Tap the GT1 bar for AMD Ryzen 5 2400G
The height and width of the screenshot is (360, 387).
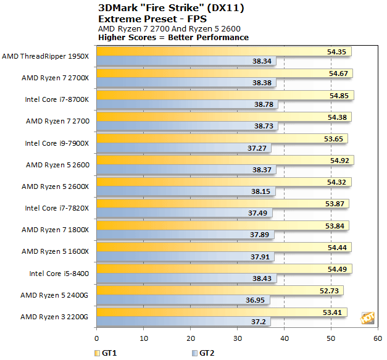point(220,290)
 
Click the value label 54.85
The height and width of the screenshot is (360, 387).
point(340,95)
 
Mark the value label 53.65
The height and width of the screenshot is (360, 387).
point(337,138)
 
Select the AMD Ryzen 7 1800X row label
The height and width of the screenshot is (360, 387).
point(56,230)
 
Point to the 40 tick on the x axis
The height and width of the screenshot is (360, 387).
point(284,339)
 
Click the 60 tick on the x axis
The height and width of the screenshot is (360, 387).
point(378,339)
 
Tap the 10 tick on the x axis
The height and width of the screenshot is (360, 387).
point(143,339)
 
